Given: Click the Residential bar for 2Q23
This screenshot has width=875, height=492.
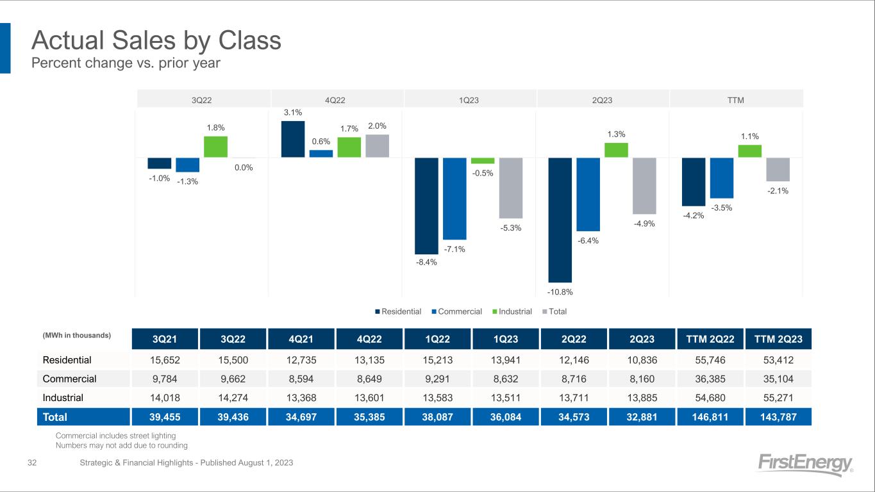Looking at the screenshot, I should (560, 220).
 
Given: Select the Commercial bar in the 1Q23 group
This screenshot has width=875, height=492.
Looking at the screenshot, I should (454, 198).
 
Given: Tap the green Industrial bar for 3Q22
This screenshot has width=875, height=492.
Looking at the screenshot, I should (215, 147).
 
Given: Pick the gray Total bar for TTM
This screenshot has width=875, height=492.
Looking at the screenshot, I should (778, 169).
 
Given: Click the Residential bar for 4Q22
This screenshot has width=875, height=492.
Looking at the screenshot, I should (293, 139).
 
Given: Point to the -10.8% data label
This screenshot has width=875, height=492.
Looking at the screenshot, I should (560, 291).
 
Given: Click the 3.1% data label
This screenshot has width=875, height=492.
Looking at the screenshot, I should (292, 113).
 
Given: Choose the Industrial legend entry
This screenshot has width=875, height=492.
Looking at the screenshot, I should (513, 312).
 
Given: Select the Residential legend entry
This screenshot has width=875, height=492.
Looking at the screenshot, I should (398, 312).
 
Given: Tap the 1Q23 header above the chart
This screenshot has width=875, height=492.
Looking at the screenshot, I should (470, 99).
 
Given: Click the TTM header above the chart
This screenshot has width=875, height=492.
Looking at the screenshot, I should (736, 99).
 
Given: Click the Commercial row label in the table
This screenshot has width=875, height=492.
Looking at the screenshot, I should (69, 379).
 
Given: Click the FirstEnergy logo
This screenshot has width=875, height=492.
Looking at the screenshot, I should (805, 464).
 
